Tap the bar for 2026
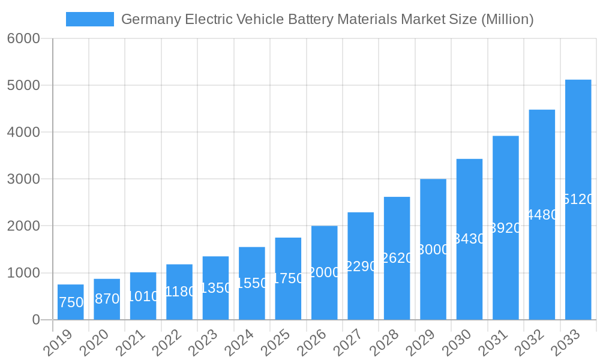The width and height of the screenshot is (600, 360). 325,272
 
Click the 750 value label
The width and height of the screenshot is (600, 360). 71,302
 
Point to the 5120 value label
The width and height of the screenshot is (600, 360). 579,199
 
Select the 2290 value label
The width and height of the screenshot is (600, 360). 361,266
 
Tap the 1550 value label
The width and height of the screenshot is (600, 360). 252,283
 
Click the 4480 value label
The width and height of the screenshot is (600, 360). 542,215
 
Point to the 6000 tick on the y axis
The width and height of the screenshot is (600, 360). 24,38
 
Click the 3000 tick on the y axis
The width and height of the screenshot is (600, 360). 24,179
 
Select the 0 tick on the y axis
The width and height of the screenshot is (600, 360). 35,320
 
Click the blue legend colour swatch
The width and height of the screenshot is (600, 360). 89,19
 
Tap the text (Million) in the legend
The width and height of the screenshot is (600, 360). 507,19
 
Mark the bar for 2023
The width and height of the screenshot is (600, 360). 215,288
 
